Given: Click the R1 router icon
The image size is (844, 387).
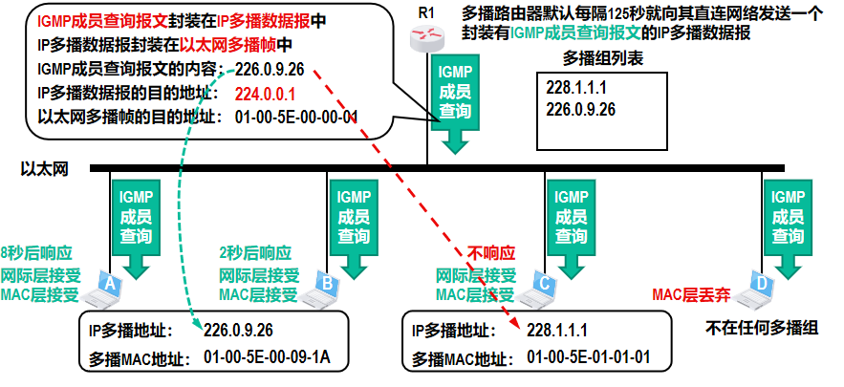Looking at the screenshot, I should (426, 37).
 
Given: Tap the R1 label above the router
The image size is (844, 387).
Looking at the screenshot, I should (425, 11).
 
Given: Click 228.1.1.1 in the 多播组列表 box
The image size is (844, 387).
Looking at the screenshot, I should (577, 88).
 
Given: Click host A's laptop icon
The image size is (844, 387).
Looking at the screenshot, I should (100, 286).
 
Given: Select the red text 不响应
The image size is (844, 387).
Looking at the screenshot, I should (490, 254).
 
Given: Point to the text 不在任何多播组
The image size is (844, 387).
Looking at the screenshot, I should (763, 328).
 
